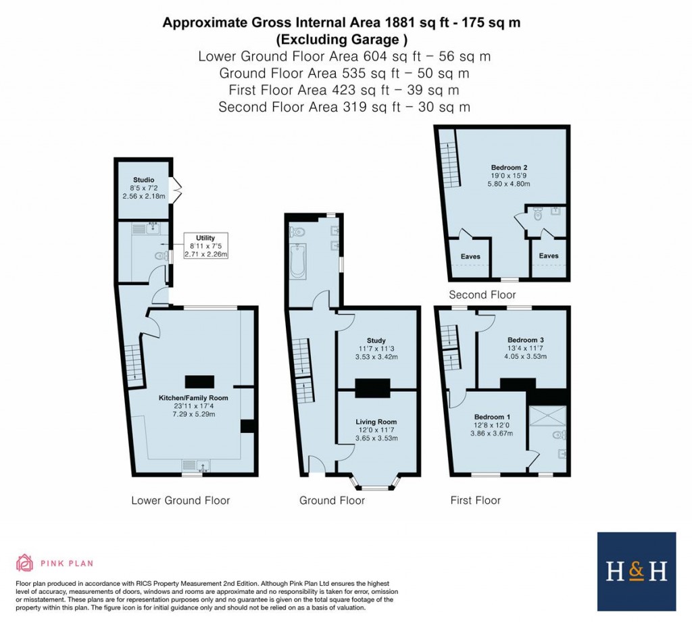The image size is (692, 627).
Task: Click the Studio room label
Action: pos(143,180)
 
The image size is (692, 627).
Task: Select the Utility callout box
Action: pos(205,247)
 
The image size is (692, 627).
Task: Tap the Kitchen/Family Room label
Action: pos(193,399)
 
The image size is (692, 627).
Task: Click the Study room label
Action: pos(376,341)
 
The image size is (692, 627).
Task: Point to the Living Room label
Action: pos(376,422)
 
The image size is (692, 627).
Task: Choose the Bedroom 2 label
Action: pos(510,166)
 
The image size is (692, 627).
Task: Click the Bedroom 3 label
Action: pos(526,340)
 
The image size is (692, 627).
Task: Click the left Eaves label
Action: pos(471,256)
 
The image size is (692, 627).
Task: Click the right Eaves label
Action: pos(549,256)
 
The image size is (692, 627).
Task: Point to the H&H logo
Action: pos(637,572)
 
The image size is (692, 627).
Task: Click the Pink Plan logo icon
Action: pos(25,563)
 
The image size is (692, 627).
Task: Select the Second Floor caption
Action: pos(483,295)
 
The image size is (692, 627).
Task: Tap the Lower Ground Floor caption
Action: pos(180,501)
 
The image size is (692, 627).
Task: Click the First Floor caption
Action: pos(476,501)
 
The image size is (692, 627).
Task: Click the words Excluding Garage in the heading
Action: pos(342,39)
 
